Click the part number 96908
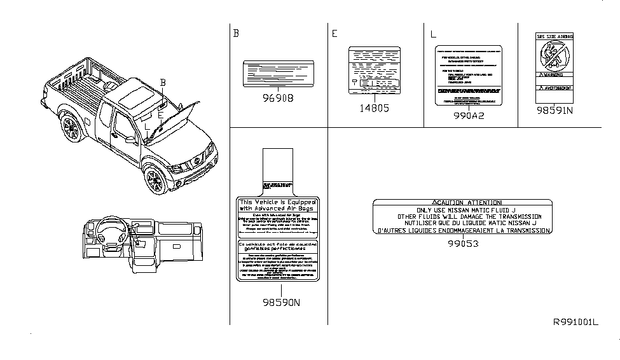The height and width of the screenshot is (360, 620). pyautogui.click(x=278, y=100)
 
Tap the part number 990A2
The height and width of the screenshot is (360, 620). pyautogui.click(x=469, y=118)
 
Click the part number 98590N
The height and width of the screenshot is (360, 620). pyautogui.click(x=277, y=303)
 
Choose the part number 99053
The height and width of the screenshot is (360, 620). pyautogui.click(x=462, y=243)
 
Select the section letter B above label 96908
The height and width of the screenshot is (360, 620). pyautogui.click(x=236, y=34)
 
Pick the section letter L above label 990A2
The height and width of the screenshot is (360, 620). pyautogui.click(x=432, y=34)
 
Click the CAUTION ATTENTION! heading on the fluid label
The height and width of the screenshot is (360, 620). pyautogui.click(x=462, y=202)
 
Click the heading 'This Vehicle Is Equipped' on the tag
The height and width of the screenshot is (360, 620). pyautogui.click(x=277, y=202)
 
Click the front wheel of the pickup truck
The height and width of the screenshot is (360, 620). pyautogui.click(x=155, y=181)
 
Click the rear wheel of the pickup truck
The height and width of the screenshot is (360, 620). pyautogui.click(x=71, y=129)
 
